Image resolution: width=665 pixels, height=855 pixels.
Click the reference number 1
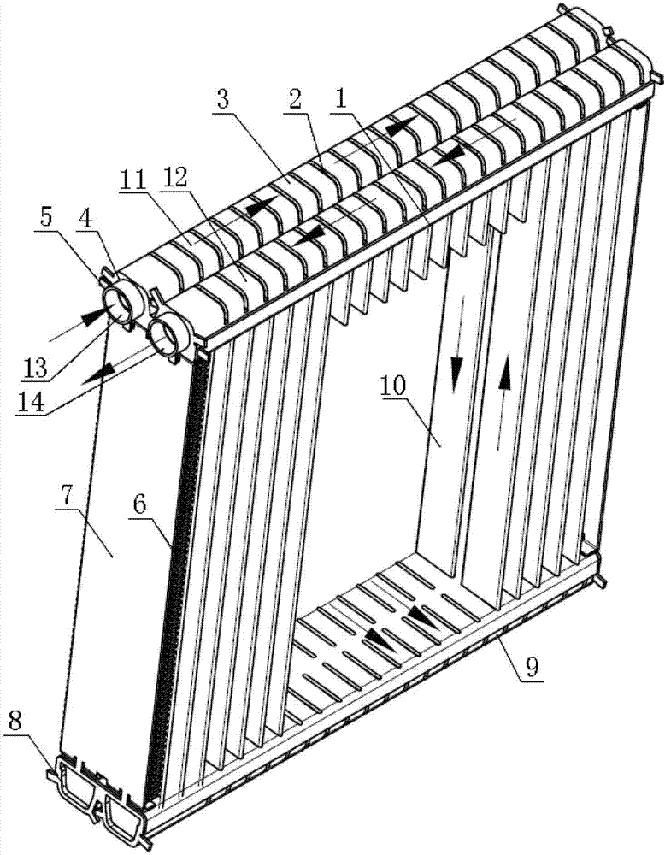[x=341, y=98]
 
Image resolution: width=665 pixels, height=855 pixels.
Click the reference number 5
[x=46, y=217]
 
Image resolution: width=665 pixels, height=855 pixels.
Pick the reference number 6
[x=139, y=504]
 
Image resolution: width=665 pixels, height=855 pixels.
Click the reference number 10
[x=393, y=386]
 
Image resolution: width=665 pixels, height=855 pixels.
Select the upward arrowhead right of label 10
[x=505, y=371]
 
